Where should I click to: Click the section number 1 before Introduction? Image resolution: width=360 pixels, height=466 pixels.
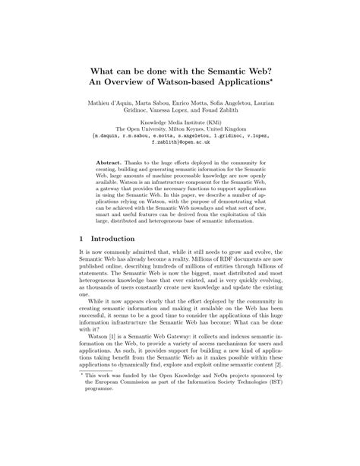click(x=81, y=237)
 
